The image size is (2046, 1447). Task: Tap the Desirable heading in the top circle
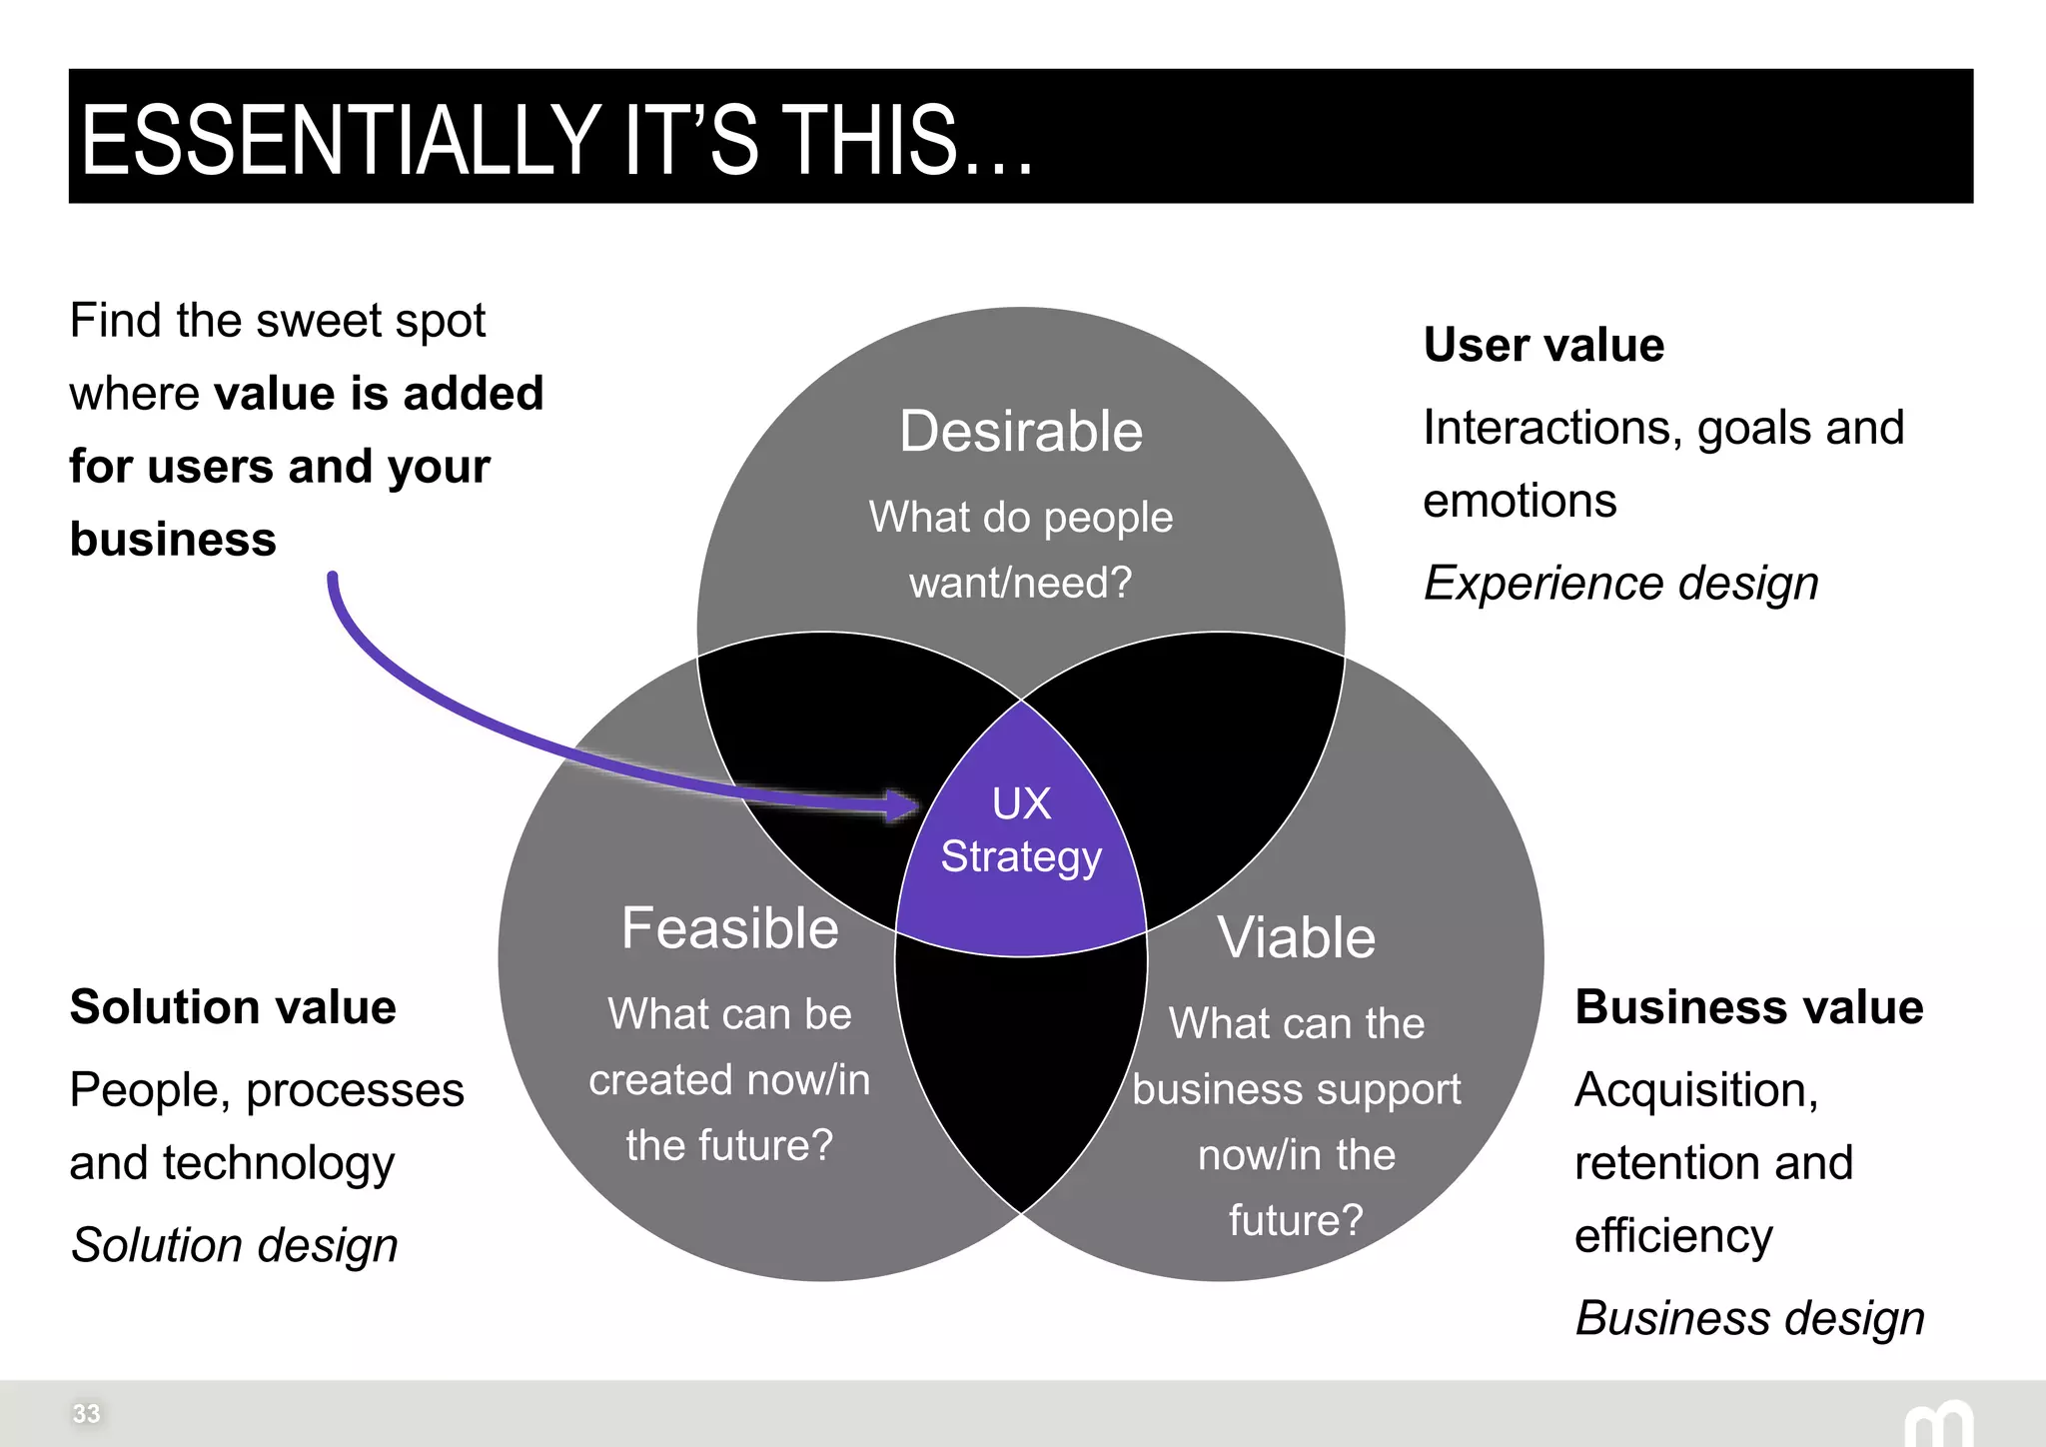tap(1020, 432)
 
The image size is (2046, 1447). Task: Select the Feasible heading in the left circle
tap(729, 928)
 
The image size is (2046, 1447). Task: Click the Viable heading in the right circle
tap(1296, 938)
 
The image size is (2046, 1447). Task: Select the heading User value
tap(1543, 345)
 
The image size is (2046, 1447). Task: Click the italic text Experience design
tap(1620, 584)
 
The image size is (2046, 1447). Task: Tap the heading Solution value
tap(233, 1007)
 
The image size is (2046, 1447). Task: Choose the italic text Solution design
tap(234, 1246)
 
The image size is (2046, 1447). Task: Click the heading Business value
tap(1748, 1007)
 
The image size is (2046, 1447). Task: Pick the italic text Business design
tap(1749, 1319)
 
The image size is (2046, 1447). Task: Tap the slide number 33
tap(86, 1414)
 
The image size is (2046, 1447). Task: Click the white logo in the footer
tap(1938, 1424)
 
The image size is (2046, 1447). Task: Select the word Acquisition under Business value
tap(1695, 1090)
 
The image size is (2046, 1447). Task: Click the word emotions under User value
tap(1519, 502)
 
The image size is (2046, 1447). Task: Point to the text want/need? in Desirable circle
tap(1020, 583)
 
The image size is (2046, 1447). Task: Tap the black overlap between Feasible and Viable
tap(1021, 1069)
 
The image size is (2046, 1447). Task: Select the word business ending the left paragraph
tap(173, 541)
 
